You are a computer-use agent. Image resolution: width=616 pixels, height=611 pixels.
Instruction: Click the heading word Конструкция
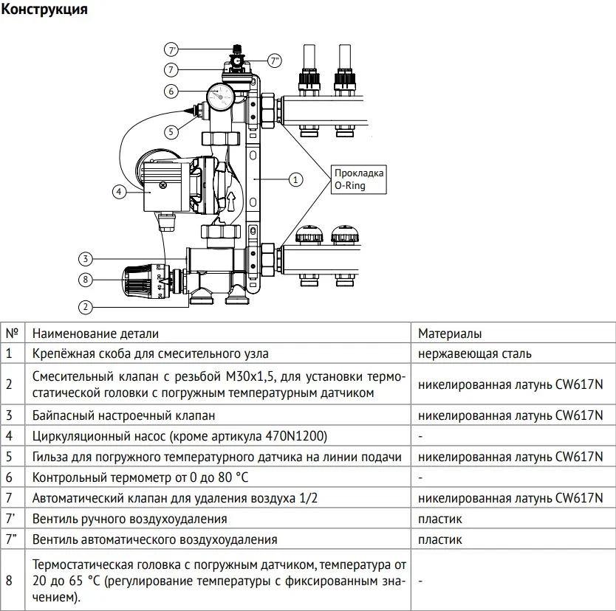(x=45, y=10)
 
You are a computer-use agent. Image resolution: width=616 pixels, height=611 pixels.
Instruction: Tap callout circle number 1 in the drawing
(x=295, y=179)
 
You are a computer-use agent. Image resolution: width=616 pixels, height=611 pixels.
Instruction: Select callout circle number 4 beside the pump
(x=118, y=192)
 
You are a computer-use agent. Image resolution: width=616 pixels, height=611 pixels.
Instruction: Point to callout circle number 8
(x=86, y=280)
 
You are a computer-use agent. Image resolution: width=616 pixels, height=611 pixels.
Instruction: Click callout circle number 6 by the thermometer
(x=171, y=92)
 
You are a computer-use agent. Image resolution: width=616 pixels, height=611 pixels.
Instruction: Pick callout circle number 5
(x=171, y=131)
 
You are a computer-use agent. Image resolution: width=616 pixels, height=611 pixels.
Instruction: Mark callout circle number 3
(x=86, y=258)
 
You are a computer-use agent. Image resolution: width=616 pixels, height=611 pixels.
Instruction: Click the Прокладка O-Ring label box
(x=358, y=179)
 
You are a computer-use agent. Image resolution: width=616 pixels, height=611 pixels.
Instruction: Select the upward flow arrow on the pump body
(x=231, y=201)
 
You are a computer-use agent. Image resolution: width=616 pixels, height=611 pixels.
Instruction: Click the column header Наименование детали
(x=95, y=334)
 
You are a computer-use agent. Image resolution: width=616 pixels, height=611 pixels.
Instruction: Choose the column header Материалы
(x=450, y=334)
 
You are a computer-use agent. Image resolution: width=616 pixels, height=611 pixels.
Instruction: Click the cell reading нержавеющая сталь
(x=473, y=353)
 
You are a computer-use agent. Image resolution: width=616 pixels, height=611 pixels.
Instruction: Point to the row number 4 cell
(x=9, y=436)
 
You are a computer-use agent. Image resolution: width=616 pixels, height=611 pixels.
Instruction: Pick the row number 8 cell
(x=9, y=581)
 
